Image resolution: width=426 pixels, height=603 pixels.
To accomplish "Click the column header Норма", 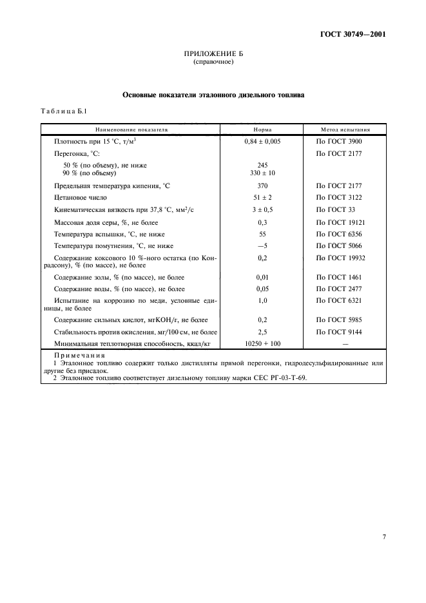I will [x=262, y=129].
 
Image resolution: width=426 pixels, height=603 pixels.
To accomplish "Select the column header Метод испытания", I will [x=345, y=129].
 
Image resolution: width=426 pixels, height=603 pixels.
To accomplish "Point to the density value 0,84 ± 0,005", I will [x=262, y=141].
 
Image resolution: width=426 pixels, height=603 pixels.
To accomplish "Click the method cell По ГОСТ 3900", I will [x=337, y=141].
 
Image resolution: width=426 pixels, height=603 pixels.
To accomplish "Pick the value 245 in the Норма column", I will [x=262, y=166].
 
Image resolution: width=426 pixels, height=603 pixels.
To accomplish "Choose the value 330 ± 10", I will [x=262, y=173].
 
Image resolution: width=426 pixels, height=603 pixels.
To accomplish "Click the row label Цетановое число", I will [x=81, y=198].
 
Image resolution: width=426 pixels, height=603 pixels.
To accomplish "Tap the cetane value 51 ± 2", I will [x=262, y=198].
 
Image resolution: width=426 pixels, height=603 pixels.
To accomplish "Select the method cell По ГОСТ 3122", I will [x=337, y=198].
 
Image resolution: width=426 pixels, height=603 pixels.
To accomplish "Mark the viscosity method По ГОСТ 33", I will [x=334, y=210].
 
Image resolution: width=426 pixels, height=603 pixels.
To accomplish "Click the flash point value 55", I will [x=262, y=234].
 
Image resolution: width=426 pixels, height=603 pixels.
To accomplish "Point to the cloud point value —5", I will [x=262, y=246].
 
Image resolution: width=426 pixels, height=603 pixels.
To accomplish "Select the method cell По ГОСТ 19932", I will [x=339, y=258].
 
